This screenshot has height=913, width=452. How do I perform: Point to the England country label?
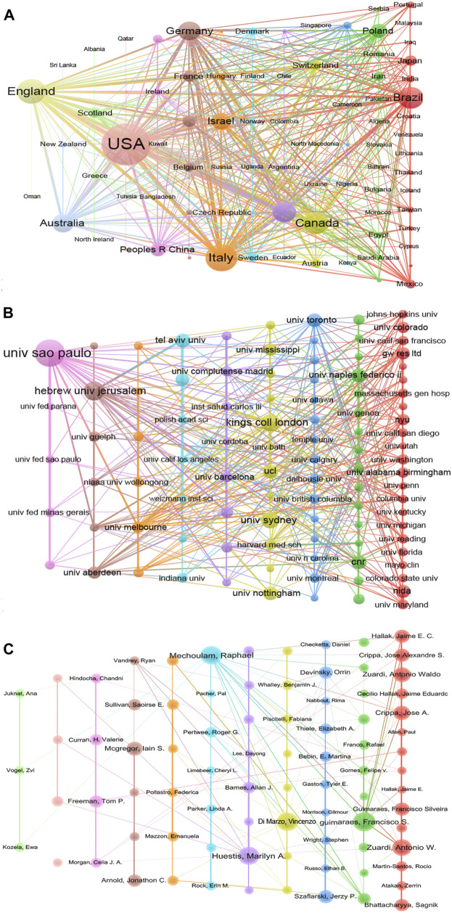click(x=32, y=91)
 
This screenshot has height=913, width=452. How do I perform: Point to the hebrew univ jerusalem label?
click(x=85, y=390)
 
